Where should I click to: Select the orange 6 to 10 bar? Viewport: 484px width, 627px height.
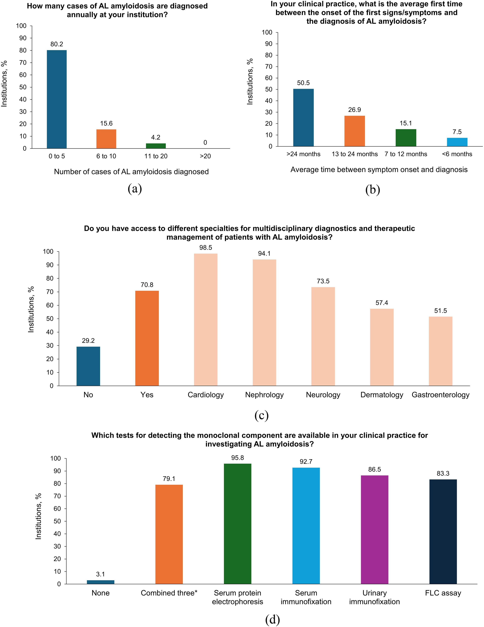[106, 139]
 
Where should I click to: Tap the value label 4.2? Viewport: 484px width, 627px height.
[156, 137]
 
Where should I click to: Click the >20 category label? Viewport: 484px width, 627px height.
[205, 156]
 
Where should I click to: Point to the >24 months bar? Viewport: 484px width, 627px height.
[303, 118]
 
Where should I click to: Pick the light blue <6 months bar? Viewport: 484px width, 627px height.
[457, 142]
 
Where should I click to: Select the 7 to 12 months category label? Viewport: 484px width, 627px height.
[406, 154]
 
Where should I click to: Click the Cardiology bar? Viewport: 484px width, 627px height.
[206, 319]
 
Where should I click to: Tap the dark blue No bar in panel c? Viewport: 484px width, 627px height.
[88, 366]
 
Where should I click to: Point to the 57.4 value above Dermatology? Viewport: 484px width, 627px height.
[382, 303]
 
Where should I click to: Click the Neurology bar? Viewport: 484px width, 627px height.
[323, 337]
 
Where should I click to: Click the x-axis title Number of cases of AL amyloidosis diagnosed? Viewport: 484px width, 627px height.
[131, 172]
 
